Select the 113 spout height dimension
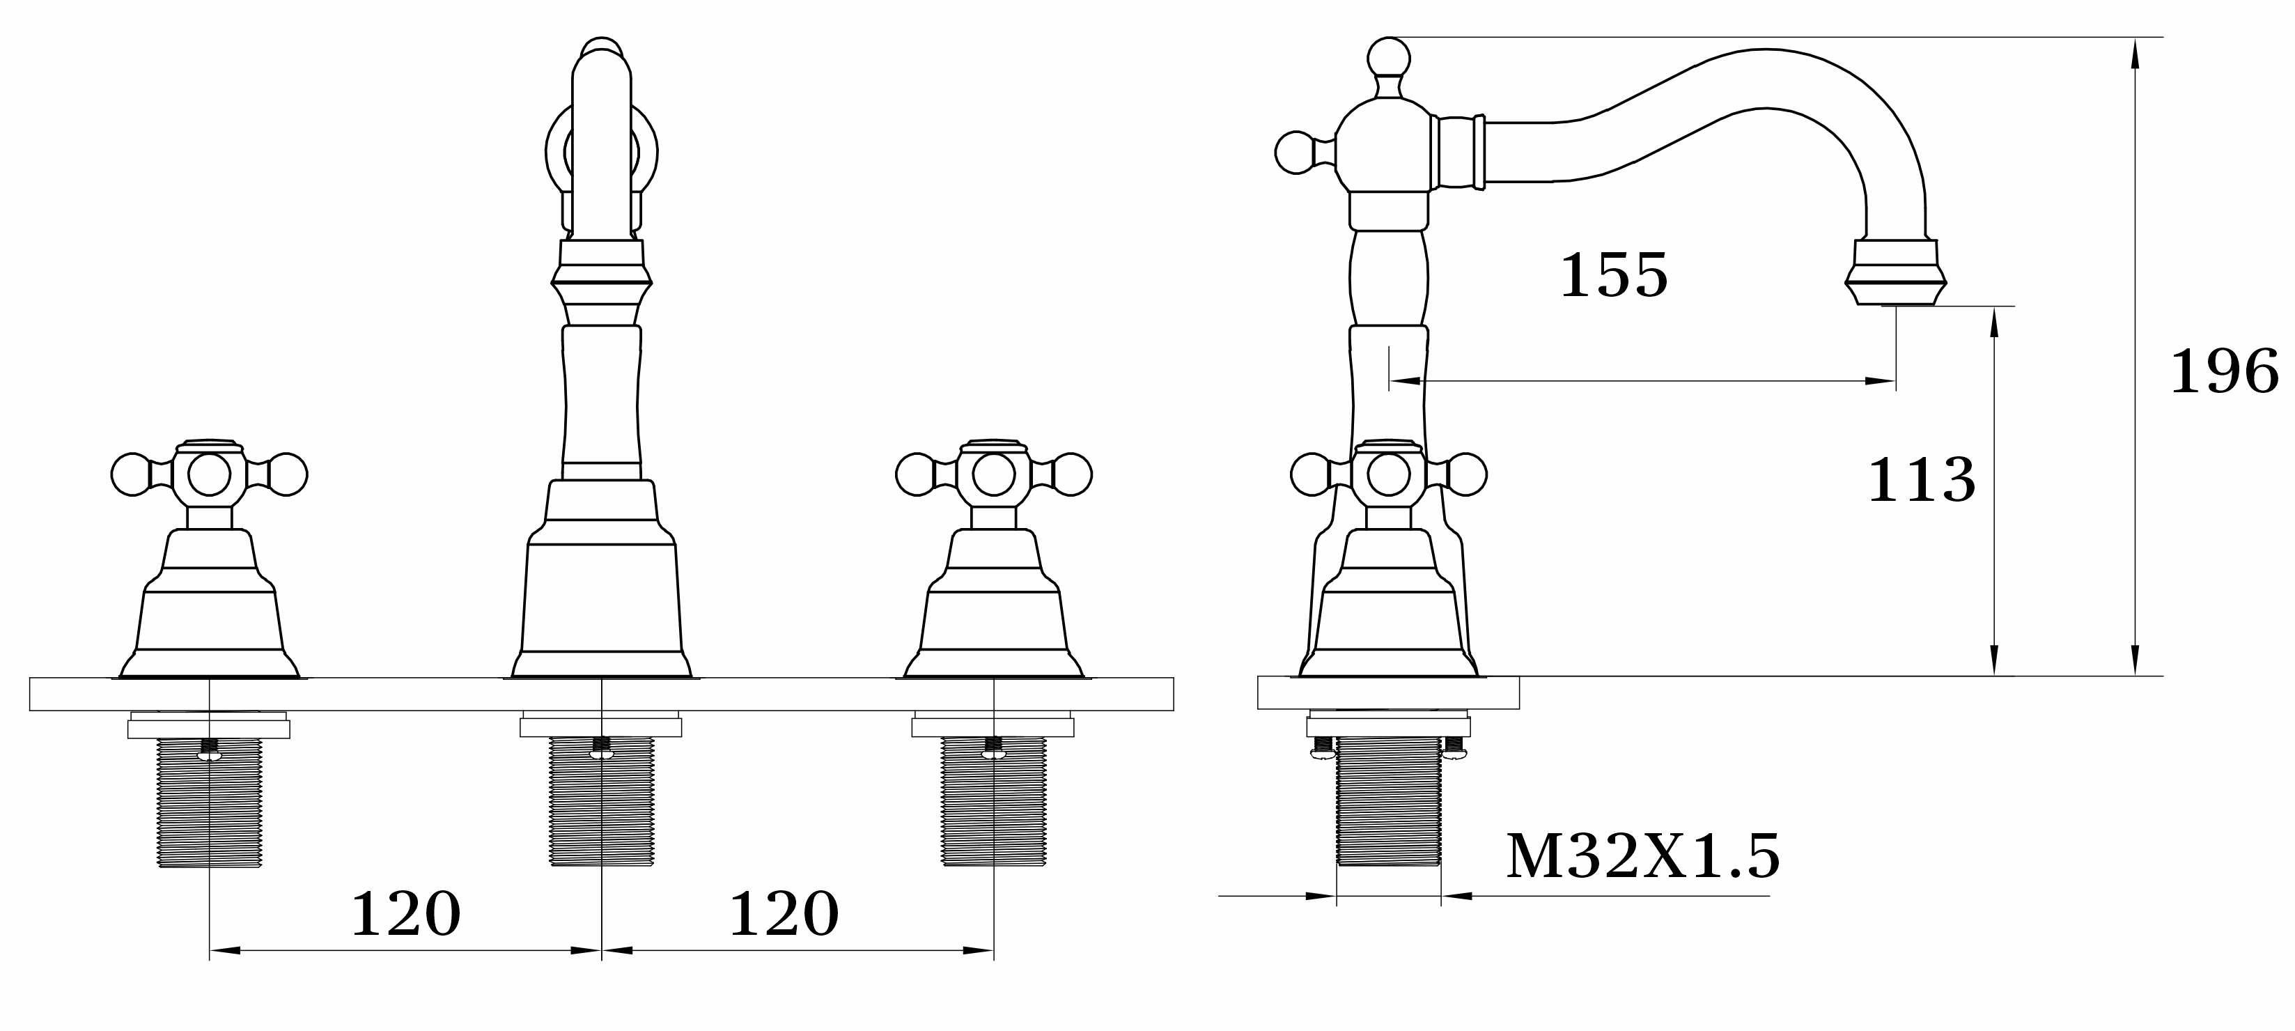pos(1921,481)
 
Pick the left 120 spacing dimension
pos(406,915)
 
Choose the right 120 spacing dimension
pos(784,915)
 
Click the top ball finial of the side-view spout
pos(1388,59)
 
